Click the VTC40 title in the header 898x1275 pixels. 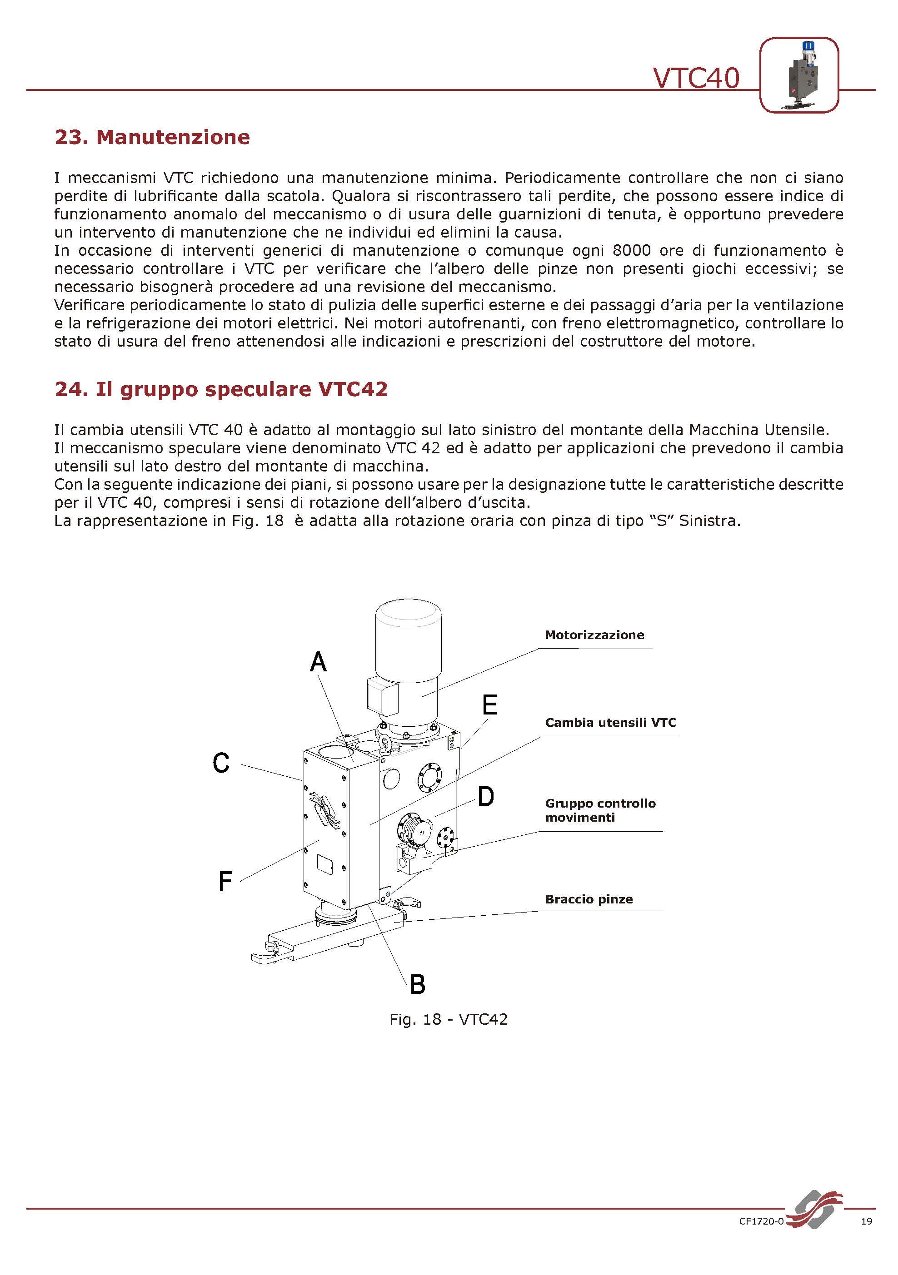point(696,78)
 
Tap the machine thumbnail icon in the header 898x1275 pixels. point(798,75)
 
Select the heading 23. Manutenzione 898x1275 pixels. point(152,137)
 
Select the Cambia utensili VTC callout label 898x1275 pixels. point(610,723)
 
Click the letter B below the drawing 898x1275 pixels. point(417,985)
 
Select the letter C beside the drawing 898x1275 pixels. point(221,763)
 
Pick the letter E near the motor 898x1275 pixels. point(489,705)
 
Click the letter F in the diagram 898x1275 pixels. point(224,881)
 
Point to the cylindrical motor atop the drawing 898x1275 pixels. point(409,655)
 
